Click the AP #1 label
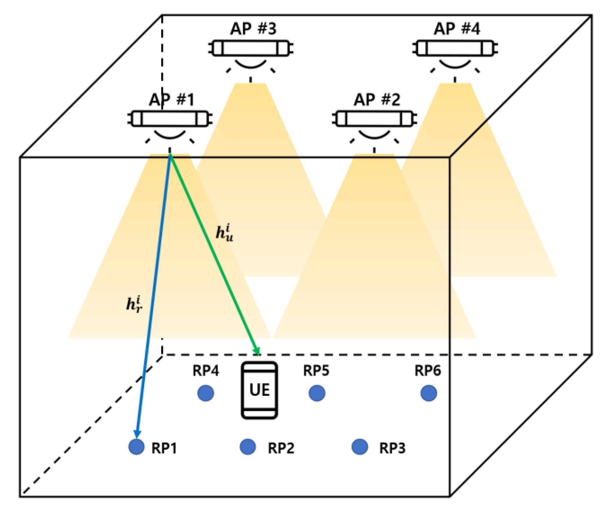pyautogui.click(x=171, y=100)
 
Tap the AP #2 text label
pyautogui.click(x=377, y=100)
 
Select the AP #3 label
pyautogui.click(x=253, y=29)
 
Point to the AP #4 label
pyautogui.click(x=457, y=29)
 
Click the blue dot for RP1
pyautogui.click(x=136, y=447)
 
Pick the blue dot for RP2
pyautogui.click(x=248, y=447)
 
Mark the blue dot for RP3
pyautogui.click(x=359, y=447)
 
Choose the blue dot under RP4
pyautogui.click(x=206, y=393)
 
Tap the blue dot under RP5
pyautogui.click(x=317, y=393)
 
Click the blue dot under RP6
pyautogui.click(x=429, y=393)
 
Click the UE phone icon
pyautogui.click(x=259, y=390)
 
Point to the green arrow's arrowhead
pyautogui.click(x=257, y=350)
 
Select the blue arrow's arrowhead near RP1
pyautogui.click(x=137, y=434)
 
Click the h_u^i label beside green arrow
pyautogui.click(x=224, y=233)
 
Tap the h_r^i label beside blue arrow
pyautogui.click(x=134, y=304)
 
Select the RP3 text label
pyautogui.click(x=392, y=448)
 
